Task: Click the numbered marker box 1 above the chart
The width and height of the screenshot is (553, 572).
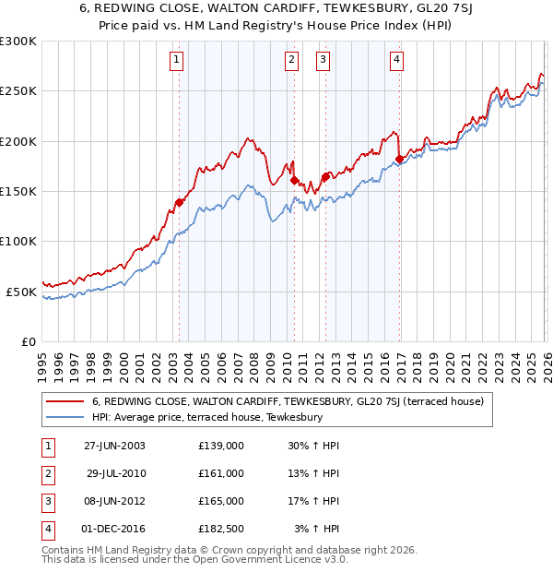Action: (176, 61)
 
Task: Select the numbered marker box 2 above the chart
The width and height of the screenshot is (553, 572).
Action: (291, 61)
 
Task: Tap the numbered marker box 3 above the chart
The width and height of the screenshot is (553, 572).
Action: (324, 61)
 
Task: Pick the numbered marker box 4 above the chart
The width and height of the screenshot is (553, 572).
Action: (396, 61)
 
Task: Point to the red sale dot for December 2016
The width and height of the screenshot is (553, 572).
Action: (399, 160)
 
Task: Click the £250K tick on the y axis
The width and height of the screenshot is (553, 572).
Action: (18, 91)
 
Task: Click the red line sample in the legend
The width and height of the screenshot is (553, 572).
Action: (65, 401)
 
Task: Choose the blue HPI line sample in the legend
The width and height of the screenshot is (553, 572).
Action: (65, 417)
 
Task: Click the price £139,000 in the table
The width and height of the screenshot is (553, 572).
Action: (221, 446)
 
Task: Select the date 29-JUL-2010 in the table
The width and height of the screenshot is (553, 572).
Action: (116, 473)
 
